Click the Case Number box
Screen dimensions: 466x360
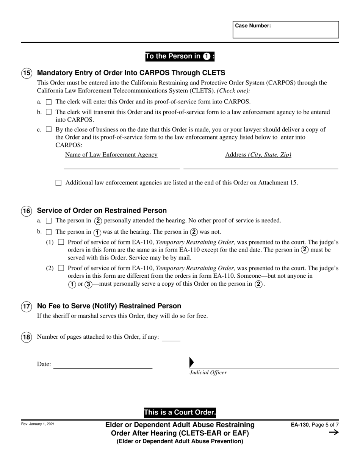click(285, 30)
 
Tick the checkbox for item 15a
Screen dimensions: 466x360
click(49, 102)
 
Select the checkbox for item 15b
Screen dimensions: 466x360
click(49, 112)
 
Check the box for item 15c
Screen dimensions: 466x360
click(49, 129)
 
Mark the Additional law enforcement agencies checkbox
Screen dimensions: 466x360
click(58, 183)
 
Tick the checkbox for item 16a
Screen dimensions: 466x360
click(49, 220)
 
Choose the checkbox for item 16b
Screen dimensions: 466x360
click(49, 232)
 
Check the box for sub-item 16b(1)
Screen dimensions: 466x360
click(61, 242)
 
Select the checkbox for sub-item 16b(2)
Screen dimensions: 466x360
click(61, 268)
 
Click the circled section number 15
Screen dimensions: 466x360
click(27, 73)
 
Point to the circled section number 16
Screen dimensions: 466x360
click(27, 211)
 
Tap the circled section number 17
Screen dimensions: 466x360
click(27, 306)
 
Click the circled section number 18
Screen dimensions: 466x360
click(27, 337)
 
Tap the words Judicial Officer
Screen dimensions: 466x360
click(208, 373)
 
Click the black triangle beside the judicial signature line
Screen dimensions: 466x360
click(191, 363)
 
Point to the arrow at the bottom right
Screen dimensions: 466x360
click(333, 433)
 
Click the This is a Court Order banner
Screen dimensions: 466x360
click(180, 413)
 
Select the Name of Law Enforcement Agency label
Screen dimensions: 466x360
click(111, 155)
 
